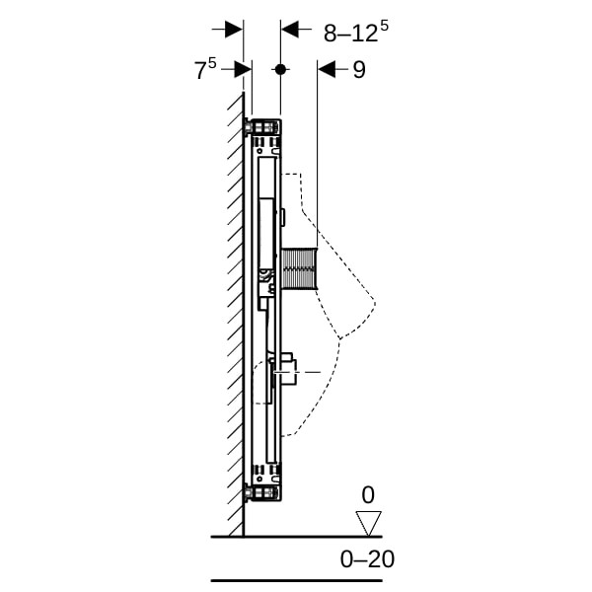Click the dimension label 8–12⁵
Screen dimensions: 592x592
pos(355,32)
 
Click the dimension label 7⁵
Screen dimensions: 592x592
pos(205,69)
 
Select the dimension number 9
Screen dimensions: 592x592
pos(359,70)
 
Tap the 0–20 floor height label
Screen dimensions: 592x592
pos(367,559)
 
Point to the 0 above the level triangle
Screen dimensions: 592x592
pos(368,494)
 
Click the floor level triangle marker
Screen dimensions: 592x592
pos(368,523)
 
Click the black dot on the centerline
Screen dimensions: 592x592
pos(280,69)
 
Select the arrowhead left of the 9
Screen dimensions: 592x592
pos(327,69)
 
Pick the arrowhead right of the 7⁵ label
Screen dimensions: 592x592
pos(243,69)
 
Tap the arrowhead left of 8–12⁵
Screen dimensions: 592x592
pos(290,29)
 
